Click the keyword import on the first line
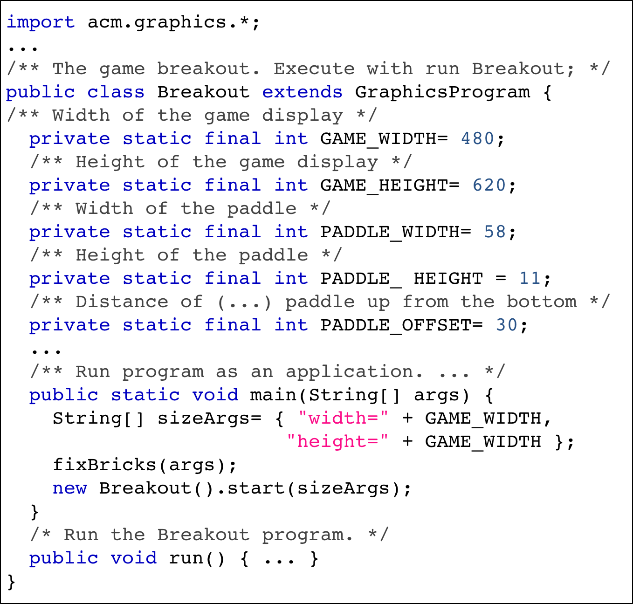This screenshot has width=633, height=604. coord(41,22)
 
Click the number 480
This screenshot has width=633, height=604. coord(477,139)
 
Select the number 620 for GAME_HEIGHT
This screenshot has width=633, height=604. coord(489,185)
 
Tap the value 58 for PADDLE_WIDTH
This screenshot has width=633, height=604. coord(495,232)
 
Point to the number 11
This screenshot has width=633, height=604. coord(530,279)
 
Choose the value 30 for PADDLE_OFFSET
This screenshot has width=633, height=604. coord(507,325)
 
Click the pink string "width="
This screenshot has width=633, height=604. coord(343,419)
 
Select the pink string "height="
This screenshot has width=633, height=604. coord(337,442)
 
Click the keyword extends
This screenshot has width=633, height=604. coord(302,92)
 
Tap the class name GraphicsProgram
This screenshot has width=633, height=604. coord(442,92)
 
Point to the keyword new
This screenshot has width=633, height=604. coord(69,488)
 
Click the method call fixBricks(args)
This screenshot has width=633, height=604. coord(144,465)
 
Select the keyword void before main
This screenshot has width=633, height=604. coord(215,395)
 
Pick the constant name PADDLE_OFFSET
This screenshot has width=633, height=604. coord(396,325)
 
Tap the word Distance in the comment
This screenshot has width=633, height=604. coord(122,302)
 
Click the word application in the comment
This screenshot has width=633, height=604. coord(349,372)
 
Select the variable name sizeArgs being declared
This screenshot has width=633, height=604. coord(203,419)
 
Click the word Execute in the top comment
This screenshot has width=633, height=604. coord(314,69)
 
